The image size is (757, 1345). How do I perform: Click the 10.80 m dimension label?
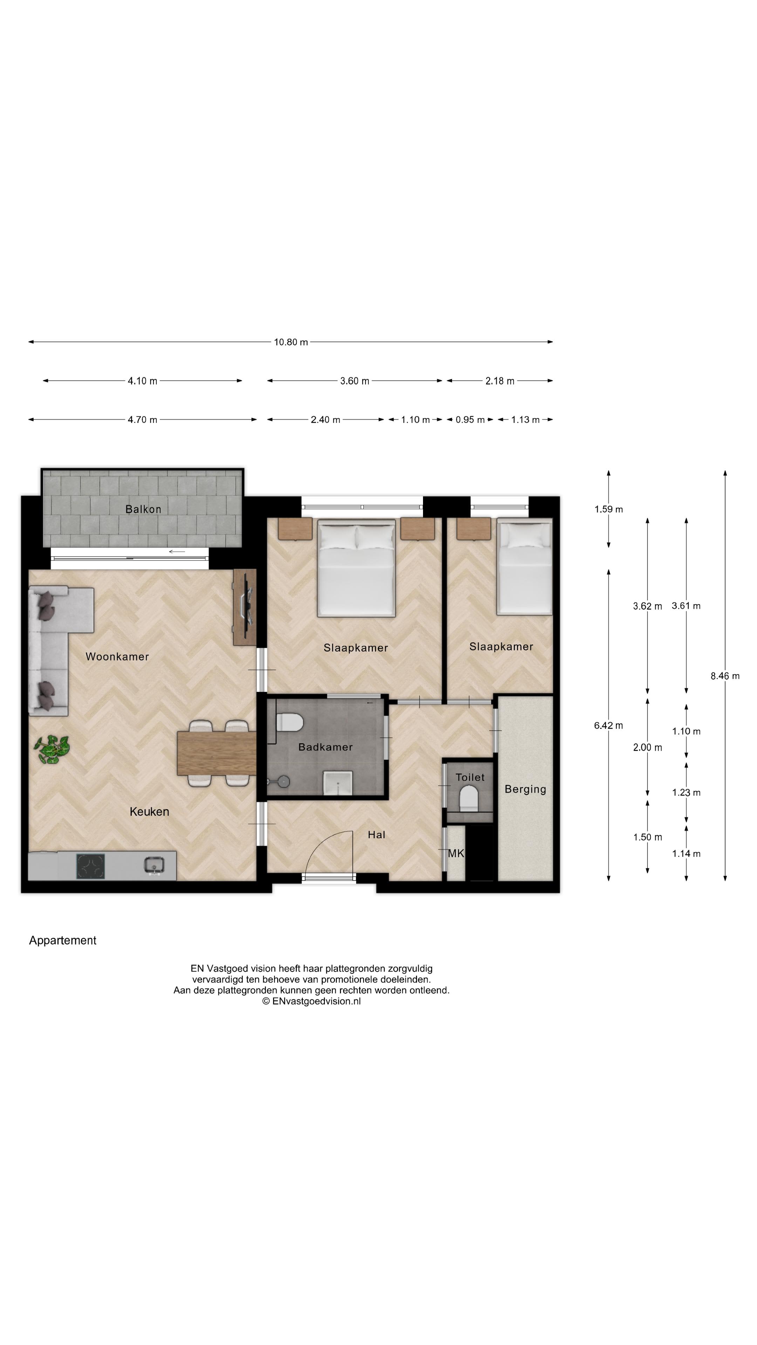[291, 342]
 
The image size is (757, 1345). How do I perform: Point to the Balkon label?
[143, 509]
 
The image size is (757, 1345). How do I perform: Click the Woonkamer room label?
[117, 656]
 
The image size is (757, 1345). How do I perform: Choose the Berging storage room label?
[525, 789]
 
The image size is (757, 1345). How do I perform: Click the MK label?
[456, 853]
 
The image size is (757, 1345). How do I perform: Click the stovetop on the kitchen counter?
[90, 866]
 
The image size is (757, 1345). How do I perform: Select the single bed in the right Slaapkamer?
[524, 566]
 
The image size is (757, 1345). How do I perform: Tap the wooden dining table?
[216, 753]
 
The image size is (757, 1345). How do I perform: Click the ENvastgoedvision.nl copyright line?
[311, 1001]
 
